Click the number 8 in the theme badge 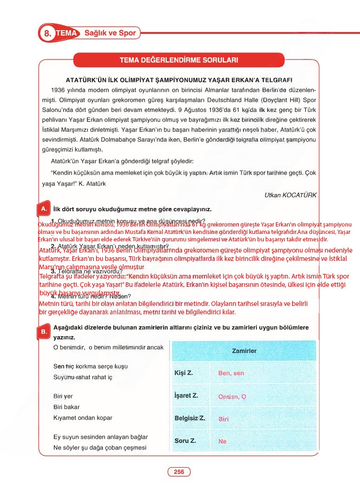coord(47,33)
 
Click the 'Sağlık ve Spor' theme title coord(110,33)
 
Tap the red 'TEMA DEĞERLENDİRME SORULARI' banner coord(179,60)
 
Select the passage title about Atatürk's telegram coord(183,80)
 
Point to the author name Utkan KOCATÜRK coord(290,195)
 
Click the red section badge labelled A coord(43,209)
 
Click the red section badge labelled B coord(43,331)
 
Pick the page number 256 coord(179,472)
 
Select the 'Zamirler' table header coord(244,351)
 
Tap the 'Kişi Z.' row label coord(183,373)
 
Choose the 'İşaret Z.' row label coord(186,396)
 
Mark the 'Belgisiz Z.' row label coord(190,418)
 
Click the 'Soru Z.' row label coord(185,441)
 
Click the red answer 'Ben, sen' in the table coord(231,373)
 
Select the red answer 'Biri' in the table coord(223,419)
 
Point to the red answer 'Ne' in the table coord(223,442)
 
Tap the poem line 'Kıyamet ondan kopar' coord(83,418)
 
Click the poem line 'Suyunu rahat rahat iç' coord(83,377)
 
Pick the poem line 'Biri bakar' coord(66,407)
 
